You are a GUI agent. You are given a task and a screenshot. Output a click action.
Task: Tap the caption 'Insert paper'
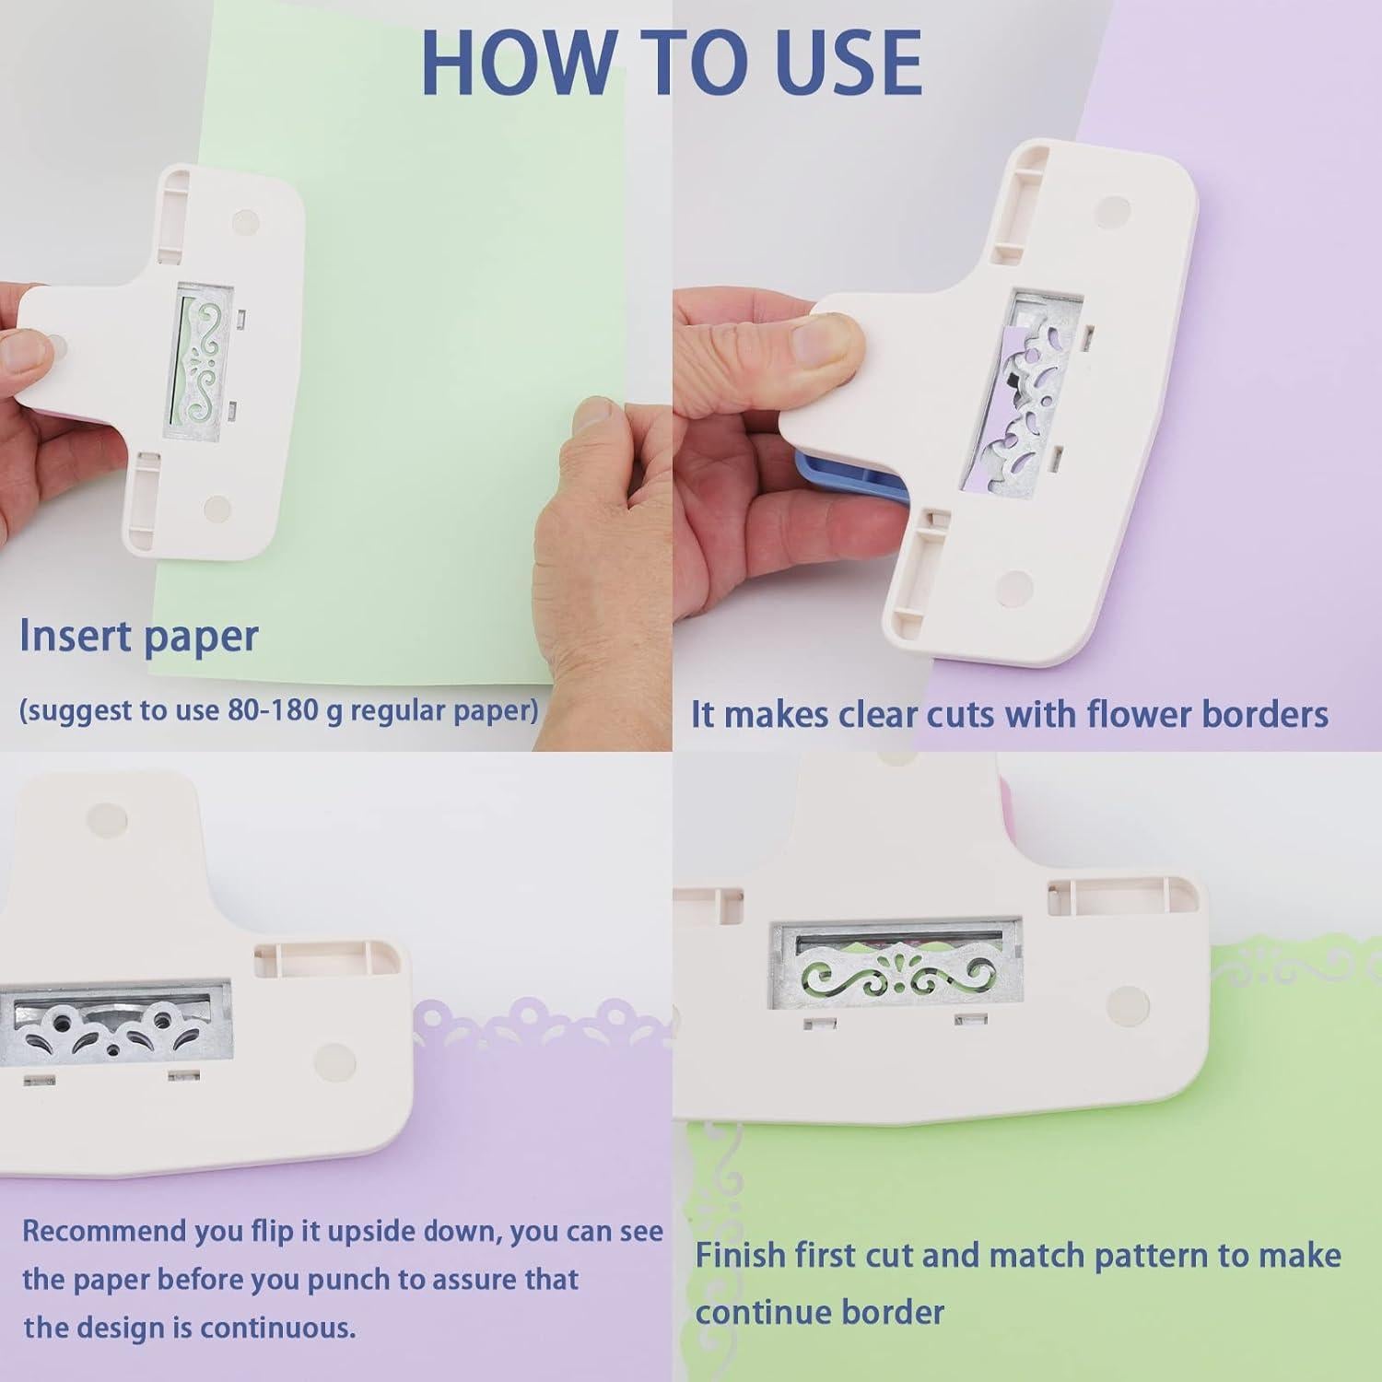pos(138,637)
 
